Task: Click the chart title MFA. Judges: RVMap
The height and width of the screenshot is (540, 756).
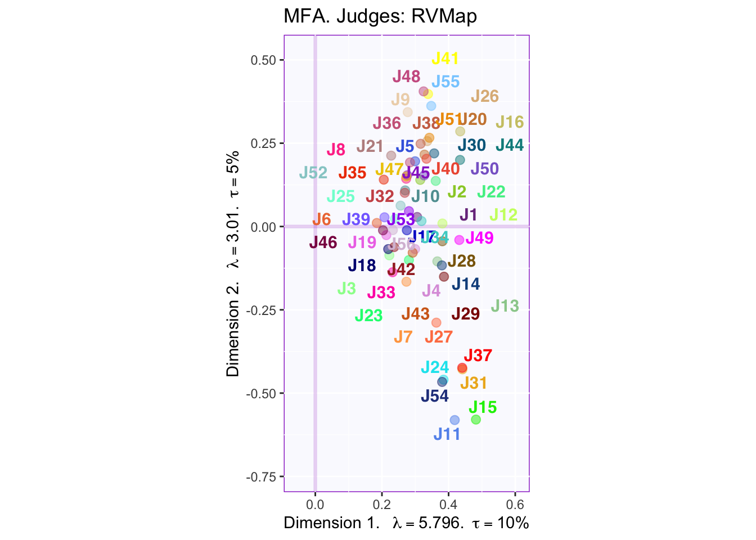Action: coord(380,16)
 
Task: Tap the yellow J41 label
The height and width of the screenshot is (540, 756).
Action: coord(445,58)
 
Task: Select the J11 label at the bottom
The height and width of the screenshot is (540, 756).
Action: coord(447,434)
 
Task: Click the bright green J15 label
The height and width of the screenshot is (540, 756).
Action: coord(483,407)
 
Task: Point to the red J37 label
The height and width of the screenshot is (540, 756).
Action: coord(478,355)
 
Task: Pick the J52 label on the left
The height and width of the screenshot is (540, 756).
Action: coord(313,173)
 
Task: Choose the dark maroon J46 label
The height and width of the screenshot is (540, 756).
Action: coord(323,243)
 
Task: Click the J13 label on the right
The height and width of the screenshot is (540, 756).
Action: coord(505,306)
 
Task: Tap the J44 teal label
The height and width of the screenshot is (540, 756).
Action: coord(510,146)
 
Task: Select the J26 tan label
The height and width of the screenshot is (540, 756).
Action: coord(485,96)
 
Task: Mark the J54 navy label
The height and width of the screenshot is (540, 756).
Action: coord(435,396)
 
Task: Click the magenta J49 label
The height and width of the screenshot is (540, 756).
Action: coord(479,238)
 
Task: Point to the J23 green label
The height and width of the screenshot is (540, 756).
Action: coord(369,316)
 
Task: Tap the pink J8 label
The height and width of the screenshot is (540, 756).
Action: coord(336,150)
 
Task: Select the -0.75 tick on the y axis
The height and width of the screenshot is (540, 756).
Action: coord(264,477)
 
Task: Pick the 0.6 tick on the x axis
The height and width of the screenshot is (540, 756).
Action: coord(515,503)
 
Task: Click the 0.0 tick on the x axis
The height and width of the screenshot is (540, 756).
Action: coord(315,503)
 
